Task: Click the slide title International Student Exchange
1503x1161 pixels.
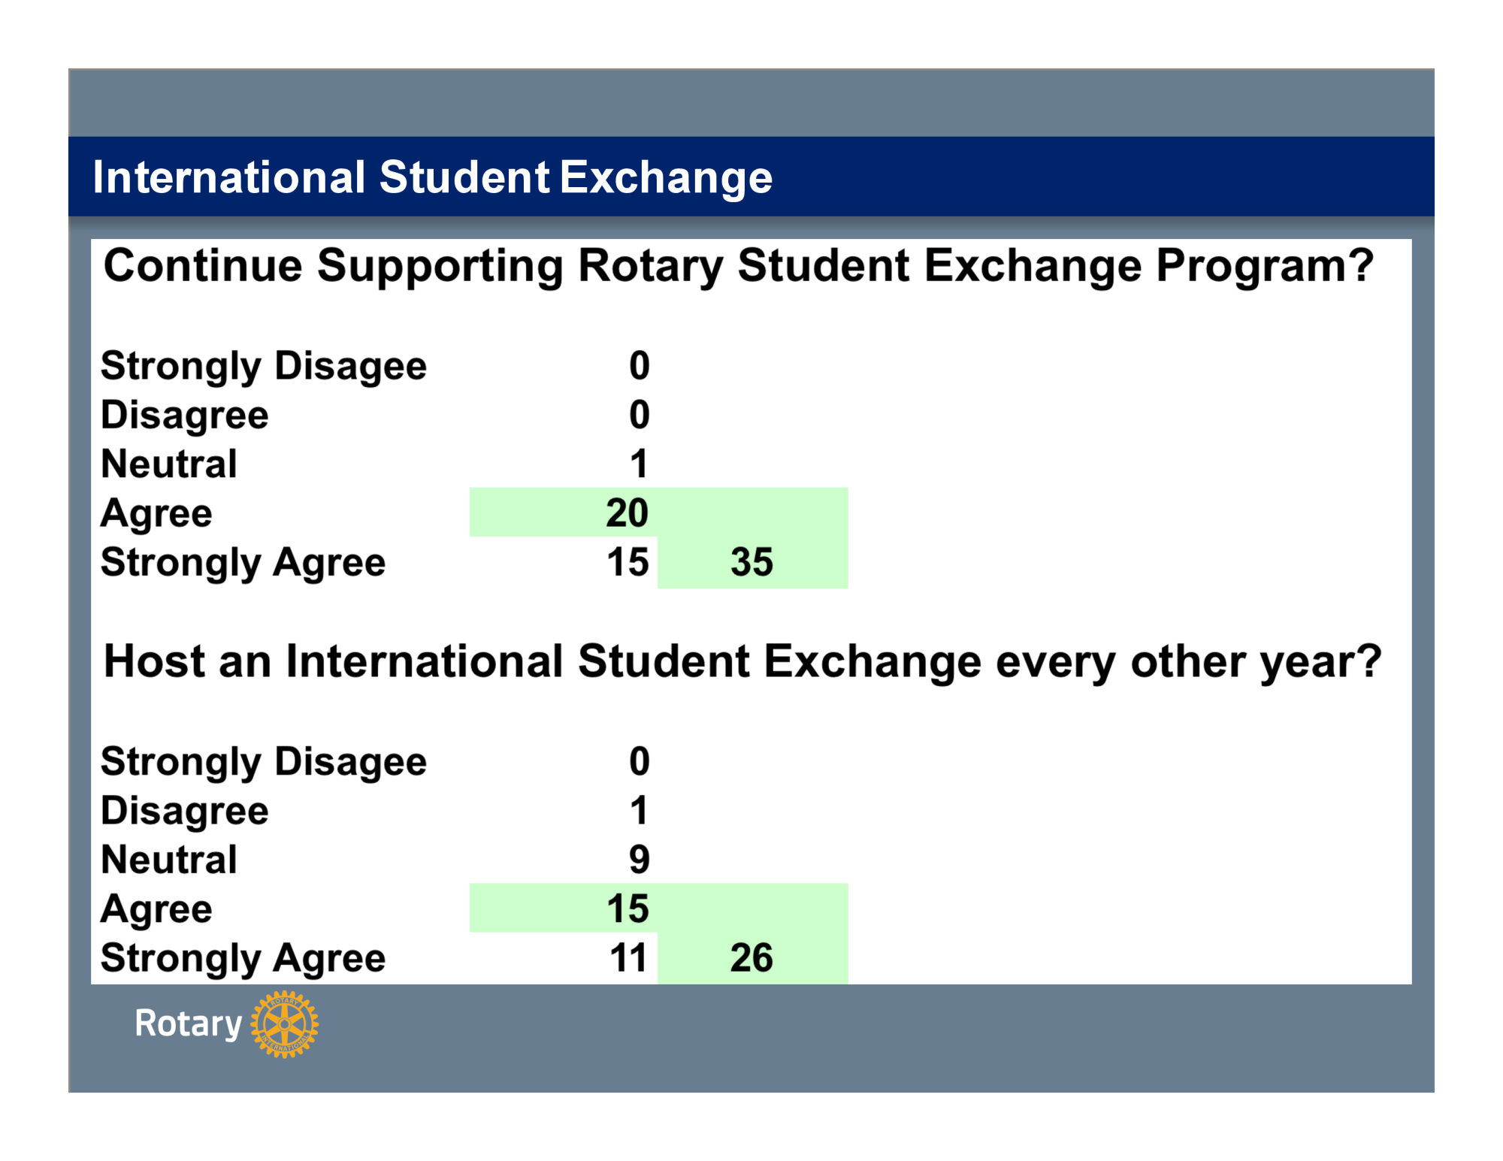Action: [x=433, y=177]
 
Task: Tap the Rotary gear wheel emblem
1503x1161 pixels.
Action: [x=284, y=1024]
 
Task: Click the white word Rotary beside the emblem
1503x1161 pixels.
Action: [x=189, y=1024]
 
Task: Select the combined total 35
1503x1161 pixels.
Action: [x=751, y=562]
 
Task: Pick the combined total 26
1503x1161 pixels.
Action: [x=751, y=958]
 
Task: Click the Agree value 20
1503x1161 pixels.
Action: [x=628, y=513]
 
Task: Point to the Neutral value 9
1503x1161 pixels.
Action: [x=640, y=860]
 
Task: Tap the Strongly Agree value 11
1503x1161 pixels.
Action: [x=628, y=958]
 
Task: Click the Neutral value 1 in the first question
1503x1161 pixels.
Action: [x=639, y=464]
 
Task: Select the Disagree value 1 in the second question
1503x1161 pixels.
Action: [x=639, y=810]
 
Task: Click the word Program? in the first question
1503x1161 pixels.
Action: [x=1265, y=268]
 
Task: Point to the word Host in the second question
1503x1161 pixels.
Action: [x=154, y=661]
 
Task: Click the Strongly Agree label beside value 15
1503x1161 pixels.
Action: [x=243, y=564]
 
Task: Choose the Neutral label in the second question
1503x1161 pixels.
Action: [x=169, y=860]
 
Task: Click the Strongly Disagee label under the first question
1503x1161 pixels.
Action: [x=264, y=367]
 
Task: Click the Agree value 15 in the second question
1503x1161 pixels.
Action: [x=628, y=909]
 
